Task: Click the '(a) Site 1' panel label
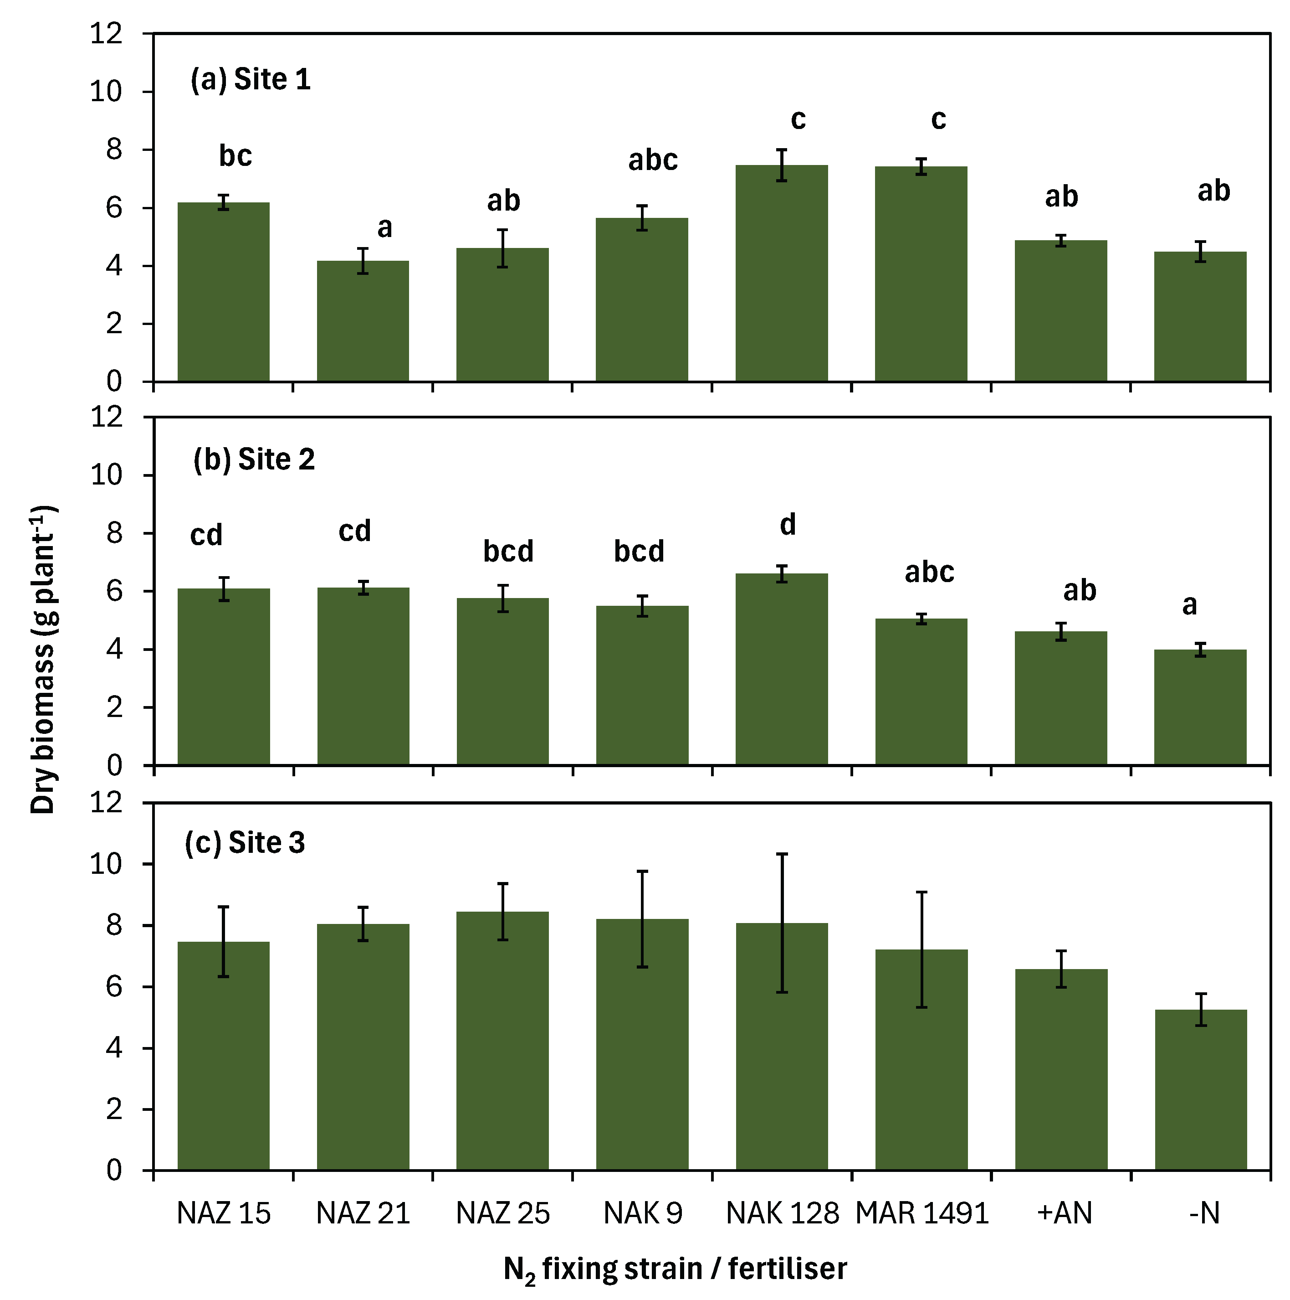(250, 79)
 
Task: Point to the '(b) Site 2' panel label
(254, 459)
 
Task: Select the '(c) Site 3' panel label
(245, 842)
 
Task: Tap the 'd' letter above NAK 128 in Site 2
(788, 524)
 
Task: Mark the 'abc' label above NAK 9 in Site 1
(652, 160)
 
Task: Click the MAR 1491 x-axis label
(921, 1213)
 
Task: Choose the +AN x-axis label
(1064, 1213)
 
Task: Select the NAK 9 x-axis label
(642, 1213)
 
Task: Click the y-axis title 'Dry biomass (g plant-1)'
(44, 660)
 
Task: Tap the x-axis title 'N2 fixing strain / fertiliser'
(675, 1269)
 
